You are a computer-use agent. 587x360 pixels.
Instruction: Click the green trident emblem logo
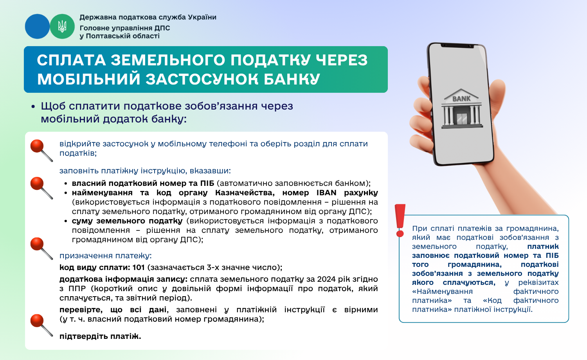click(x=62, y=27)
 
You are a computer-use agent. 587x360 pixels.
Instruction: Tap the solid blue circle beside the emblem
click(x=37, y=27)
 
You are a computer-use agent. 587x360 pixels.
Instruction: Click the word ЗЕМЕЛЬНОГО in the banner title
click(x=168, y=60)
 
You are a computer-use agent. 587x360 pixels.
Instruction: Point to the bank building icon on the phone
click(x=462, y=108)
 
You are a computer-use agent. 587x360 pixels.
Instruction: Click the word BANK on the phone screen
click(x=461, y=99)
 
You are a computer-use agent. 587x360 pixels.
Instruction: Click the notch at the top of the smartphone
click(x=457, y=46)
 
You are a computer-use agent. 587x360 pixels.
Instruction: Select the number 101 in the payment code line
click(x=139, y=267)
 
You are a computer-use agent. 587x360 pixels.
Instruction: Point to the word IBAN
click(x=326, y=193)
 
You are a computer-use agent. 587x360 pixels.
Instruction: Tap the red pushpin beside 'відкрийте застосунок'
click(x=41, y=150)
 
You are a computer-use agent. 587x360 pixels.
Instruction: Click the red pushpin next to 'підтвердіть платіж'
click(x=41, y=325)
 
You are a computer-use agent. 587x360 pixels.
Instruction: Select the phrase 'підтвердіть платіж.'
click(x=100, y=336)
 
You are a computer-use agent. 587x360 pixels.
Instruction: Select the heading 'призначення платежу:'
click(x=106, y=256)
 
